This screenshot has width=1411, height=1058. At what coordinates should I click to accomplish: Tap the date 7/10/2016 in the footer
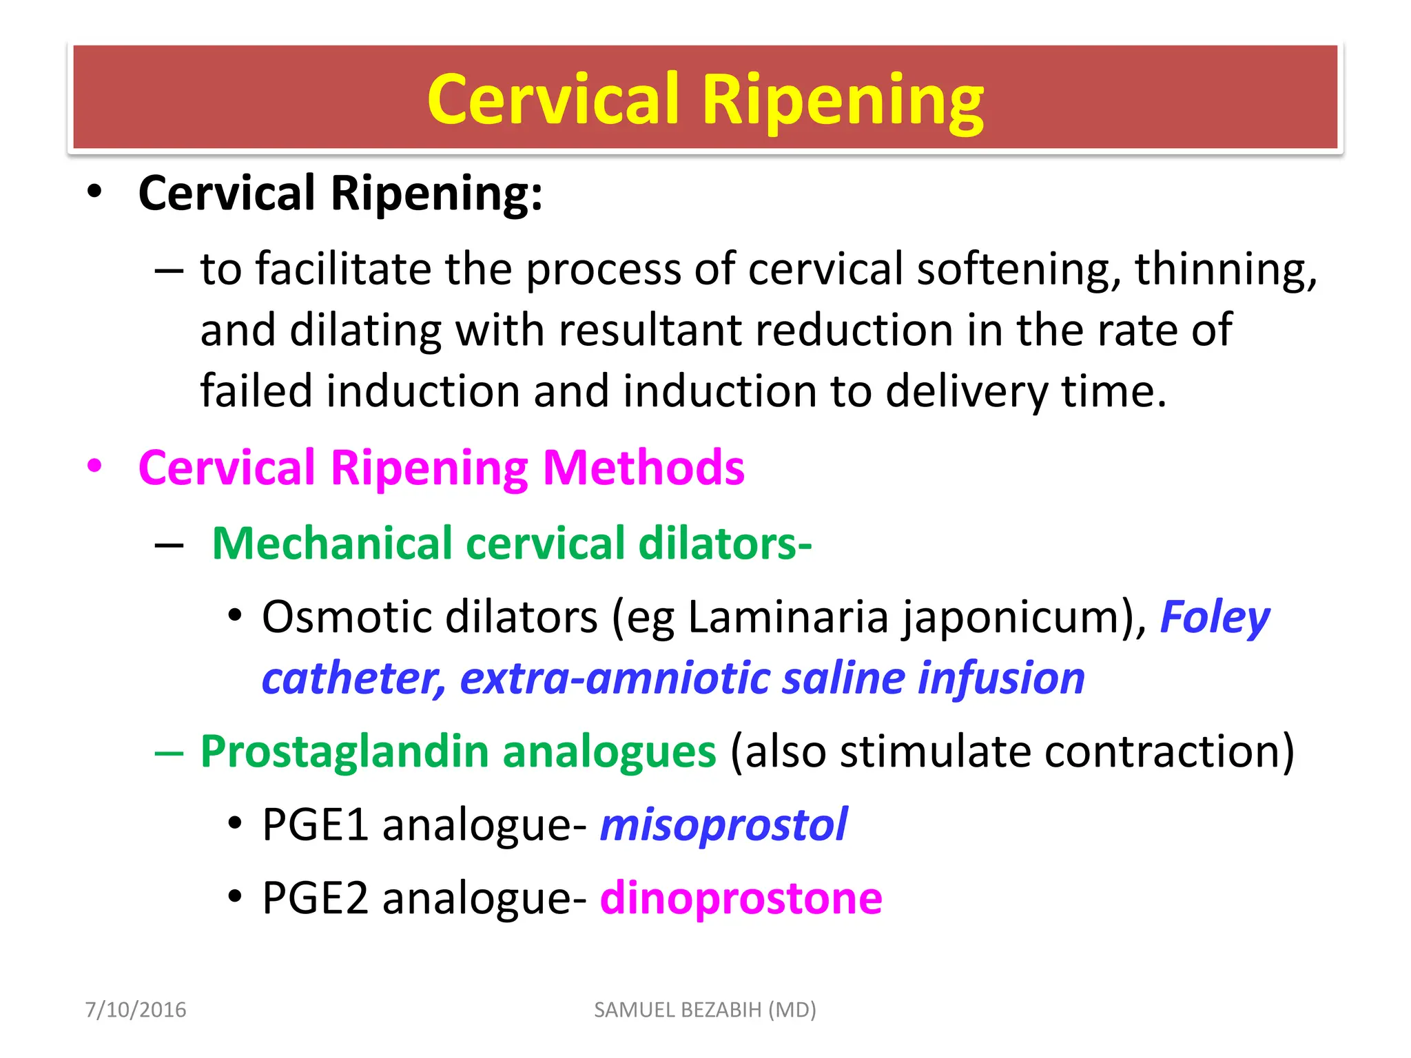coord(135,1010)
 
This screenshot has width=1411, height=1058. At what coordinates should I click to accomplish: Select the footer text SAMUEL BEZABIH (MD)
coord(705,1010)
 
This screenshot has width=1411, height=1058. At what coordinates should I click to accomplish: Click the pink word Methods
coord(643,468)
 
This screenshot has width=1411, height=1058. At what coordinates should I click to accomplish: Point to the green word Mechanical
coord(331,543)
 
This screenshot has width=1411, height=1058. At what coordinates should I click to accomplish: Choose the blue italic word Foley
coord(1214,617)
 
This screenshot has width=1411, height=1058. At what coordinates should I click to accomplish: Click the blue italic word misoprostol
coord(723,824)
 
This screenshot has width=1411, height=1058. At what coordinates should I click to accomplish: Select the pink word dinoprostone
coord(741,898)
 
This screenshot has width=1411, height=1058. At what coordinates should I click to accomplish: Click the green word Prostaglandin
coord(344,751)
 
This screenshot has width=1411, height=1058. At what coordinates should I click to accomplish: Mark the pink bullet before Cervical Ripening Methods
coord(94,466)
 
